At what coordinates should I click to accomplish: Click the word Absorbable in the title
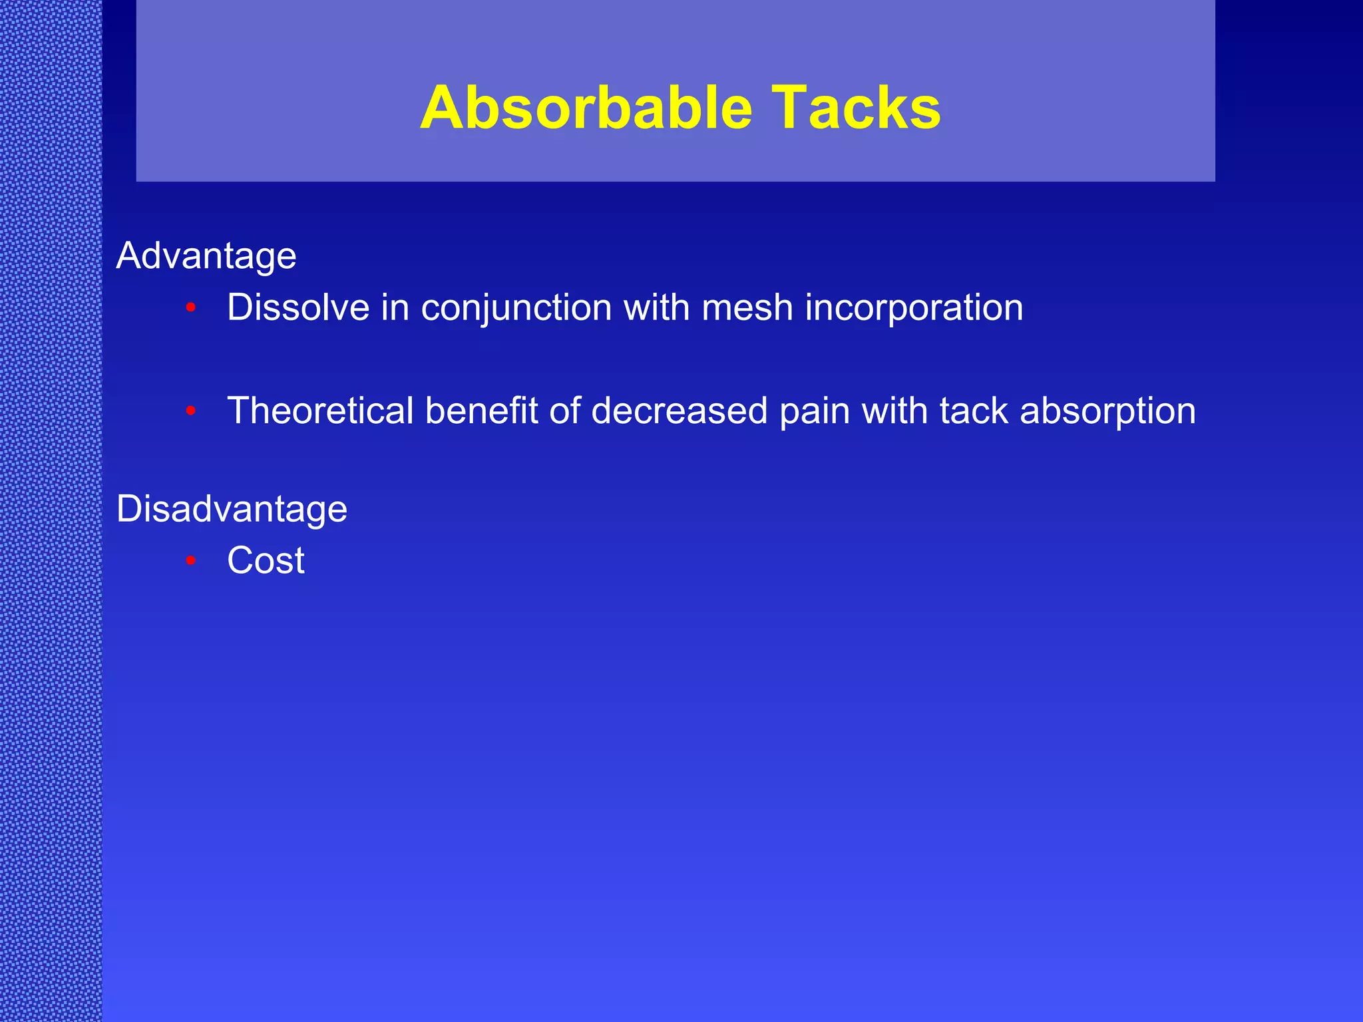click(x=586, y=108)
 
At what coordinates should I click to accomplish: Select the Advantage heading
click(x=206, y=256)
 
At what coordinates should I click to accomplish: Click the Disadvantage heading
click(x=232, y=509)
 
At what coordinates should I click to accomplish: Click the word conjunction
click(x=516, y=309)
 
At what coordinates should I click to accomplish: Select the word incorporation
click(x=914, y=309)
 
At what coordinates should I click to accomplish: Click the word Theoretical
click(x=320, y=411)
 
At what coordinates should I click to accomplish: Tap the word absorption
click(x=1107, y=412)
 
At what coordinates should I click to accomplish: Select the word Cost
click(x=266, y=560)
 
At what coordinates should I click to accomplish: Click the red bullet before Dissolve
click(x=191, y=308)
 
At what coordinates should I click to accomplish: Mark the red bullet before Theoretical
click(x=191, y=411)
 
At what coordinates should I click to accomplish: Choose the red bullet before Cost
click(x=191, y=561)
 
